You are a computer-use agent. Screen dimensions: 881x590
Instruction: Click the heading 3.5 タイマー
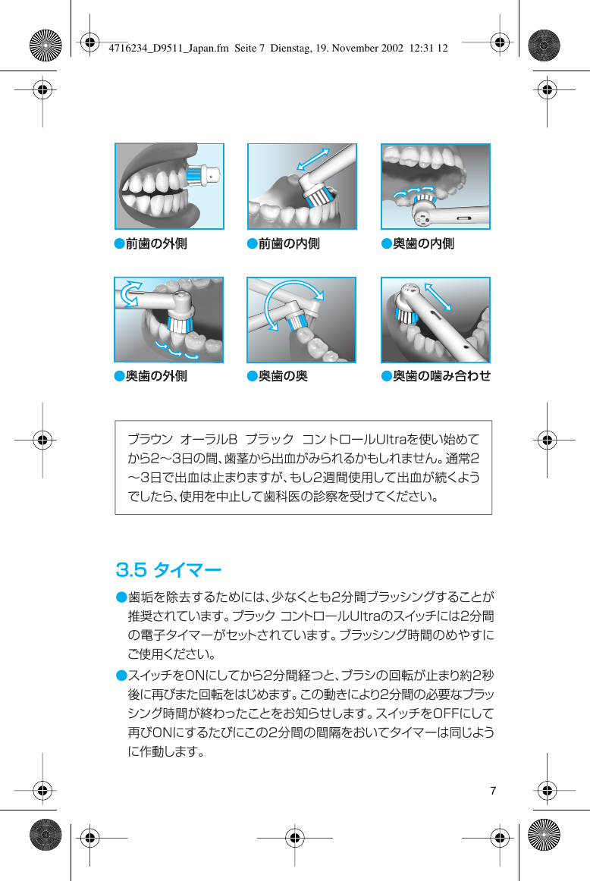[x=168, y=568]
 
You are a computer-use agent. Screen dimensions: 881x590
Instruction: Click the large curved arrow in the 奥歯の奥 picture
[x=292, y=299]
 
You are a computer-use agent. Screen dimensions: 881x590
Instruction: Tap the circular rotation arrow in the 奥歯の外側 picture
[x=131, y=294]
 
